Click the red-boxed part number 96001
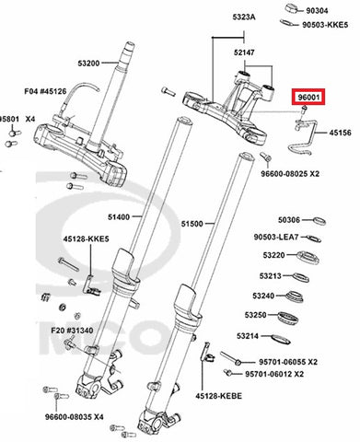(309, 98)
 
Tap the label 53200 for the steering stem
(88, 64)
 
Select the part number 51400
(119, 217)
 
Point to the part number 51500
(192, 224)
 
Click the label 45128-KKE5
(87, 238)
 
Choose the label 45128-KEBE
(219, 396)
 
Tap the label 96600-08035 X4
(75, 417)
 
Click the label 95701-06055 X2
(288, 362)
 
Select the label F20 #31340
(72, 331)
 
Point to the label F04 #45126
(45, 91)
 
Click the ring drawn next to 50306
(319, 221)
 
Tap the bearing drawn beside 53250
(288, 317)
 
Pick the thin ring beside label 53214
(281, 339)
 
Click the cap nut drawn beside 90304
(293, 8)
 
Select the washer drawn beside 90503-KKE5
(288, 23)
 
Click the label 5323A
(244, 17)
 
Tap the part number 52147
(244, 52)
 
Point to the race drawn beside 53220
(308, 257)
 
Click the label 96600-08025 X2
(290, 174)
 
